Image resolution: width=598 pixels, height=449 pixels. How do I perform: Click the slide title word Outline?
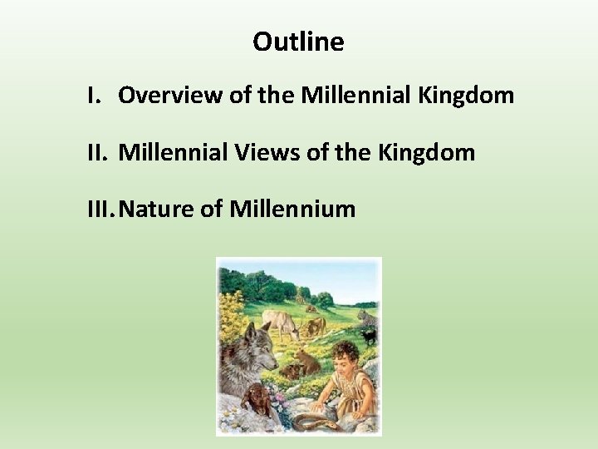pos(298,42)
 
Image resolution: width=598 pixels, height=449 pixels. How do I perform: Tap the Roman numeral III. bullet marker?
pos(100,209)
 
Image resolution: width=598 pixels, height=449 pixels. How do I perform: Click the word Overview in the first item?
pos(161,96)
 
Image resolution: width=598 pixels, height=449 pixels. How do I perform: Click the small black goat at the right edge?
pos(369,337)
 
